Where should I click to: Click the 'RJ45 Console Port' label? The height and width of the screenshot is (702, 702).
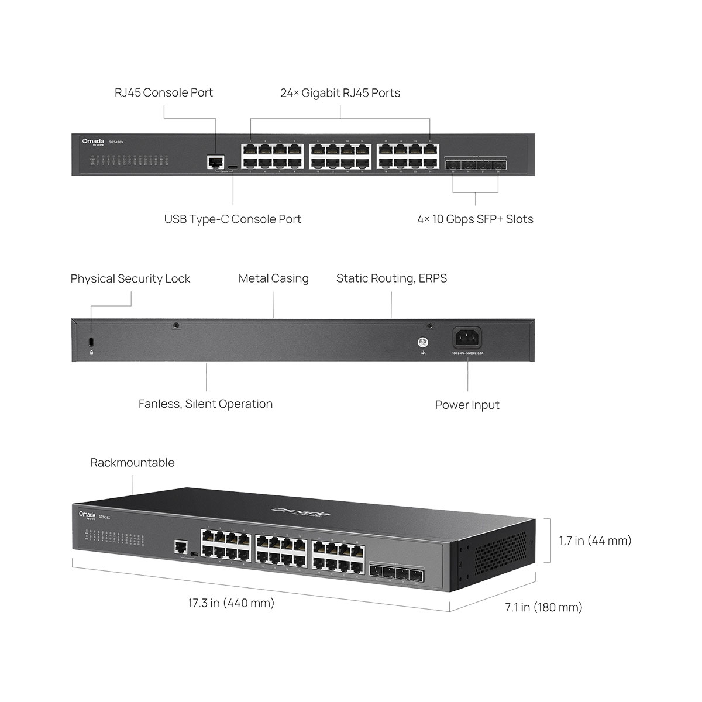coord(164,92)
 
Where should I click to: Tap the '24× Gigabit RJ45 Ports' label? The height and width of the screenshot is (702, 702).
coord(340,93)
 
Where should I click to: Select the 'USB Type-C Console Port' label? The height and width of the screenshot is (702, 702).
coord(232,219)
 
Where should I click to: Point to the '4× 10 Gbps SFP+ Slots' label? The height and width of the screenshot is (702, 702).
coord(475,219)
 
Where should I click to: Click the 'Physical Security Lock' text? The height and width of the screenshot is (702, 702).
coord(130,279)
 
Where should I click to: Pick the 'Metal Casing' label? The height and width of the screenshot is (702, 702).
coord(273,278)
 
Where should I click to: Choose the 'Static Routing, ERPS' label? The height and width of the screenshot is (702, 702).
coord(391,278)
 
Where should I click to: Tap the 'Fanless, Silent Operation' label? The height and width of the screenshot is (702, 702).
coord(205,404)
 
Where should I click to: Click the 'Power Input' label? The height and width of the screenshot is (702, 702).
coord(467,405)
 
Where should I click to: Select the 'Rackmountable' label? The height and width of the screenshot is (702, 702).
coord(132,463)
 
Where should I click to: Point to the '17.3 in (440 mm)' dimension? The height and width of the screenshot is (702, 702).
coord(231,603)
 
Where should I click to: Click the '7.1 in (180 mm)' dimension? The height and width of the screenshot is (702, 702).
coord(543,607)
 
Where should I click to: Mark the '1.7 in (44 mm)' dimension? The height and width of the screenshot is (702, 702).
coord(595,541)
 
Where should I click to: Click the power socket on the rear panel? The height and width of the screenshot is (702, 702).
coord(467,339)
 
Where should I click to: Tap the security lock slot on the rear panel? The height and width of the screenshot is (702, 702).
coord(91,342)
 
